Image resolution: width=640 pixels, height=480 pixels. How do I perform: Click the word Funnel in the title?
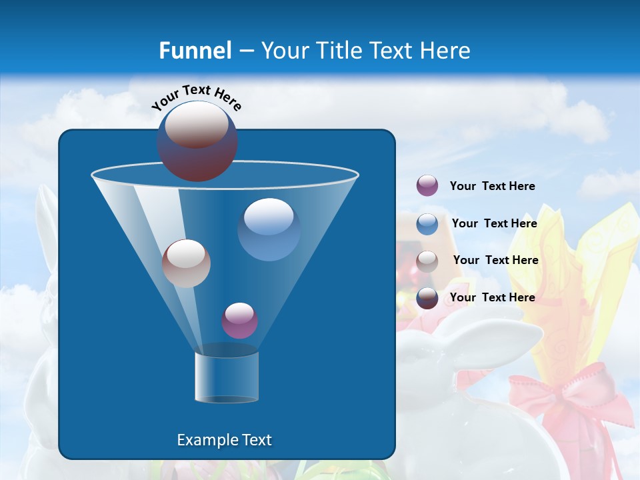coord(195,51)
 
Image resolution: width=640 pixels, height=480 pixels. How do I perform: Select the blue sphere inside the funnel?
coord(269,229)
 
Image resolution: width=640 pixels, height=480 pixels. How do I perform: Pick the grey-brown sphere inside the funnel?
coord(186,263)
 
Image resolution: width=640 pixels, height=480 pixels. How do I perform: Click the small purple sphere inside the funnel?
coord(239,320)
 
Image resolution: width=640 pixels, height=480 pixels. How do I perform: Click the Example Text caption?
coord(224,440)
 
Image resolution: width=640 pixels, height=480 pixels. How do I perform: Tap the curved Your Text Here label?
coord(196,97)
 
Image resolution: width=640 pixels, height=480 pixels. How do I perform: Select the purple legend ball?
coord(427,185)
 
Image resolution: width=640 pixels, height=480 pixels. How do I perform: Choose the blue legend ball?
coord(427,223)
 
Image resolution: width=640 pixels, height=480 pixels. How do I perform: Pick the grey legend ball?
coord(427,261)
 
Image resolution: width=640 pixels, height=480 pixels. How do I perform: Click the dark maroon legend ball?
coord(427,297)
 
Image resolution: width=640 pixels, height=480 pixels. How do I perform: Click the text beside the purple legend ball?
coord(492,187)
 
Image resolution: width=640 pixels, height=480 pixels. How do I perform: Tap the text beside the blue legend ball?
coord(494,224)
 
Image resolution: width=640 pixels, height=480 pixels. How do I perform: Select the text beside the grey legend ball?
coord(495,261)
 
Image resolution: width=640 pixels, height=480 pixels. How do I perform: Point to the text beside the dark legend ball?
coord(492,297)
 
